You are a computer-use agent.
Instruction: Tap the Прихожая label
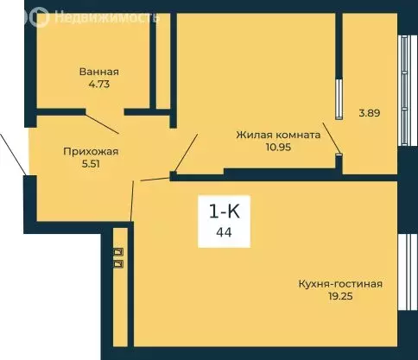91,152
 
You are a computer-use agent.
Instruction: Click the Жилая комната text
279,135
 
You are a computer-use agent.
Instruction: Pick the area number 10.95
279,148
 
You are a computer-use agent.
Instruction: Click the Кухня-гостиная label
340,284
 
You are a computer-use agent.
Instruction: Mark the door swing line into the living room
187,151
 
